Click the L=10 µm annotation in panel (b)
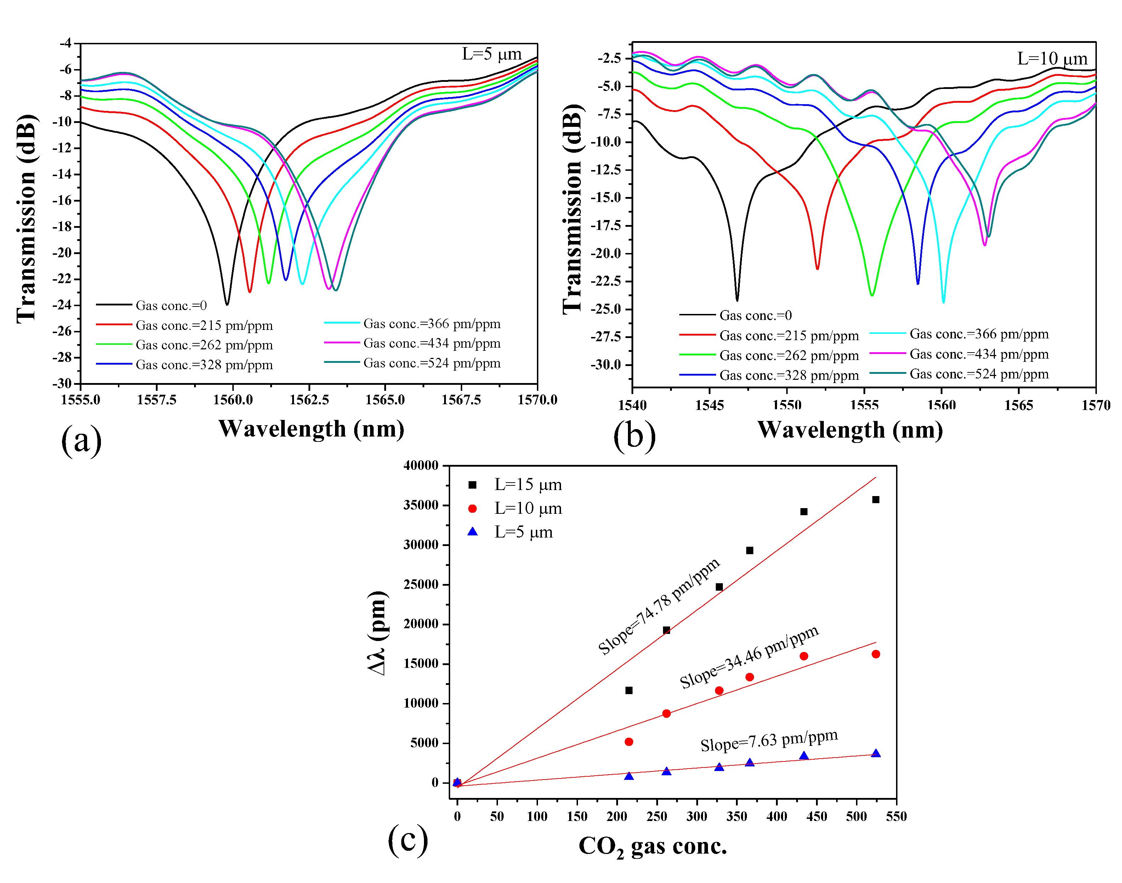(1052, 58)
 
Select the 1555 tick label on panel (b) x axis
(864, 405)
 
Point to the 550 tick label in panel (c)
(896, 816)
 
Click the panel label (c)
(408, 839)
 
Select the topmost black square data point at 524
(875, 499)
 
